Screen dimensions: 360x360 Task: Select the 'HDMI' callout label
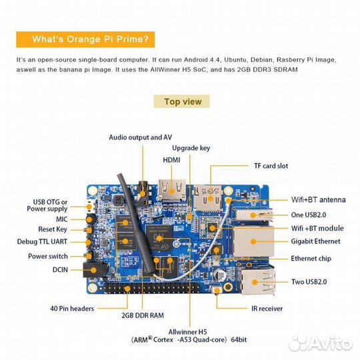[x=171, y=160]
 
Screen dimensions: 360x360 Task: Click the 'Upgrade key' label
[x=191, y=148]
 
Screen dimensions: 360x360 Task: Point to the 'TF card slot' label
[x=271, y=165]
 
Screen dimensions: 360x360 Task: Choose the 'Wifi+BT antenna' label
[x=319, y=199]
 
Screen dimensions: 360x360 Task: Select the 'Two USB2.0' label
[x=309, y=282]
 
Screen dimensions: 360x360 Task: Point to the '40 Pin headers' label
[x=72, y=308]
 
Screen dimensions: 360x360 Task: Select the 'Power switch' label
[x=48, y=256]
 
